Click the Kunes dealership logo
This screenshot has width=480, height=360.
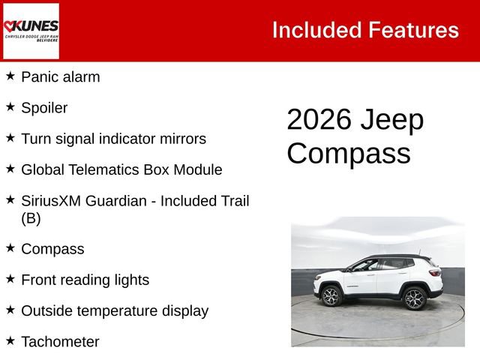click(x=31, y=31)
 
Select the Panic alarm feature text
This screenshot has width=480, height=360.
click(x=60, y=76)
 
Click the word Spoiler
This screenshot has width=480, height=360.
click(x=44, y=108)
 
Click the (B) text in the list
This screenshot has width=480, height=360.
click(x=31, y=218)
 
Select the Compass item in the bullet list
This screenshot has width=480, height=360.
click(x=52, y=249)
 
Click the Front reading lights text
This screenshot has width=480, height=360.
click(x=85, y=280)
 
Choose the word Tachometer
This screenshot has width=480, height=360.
click(x=60, y=342)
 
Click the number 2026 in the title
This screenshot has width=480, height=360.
click(x=319, y=120)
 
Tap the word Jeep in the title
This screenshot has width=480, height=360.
click(x=392, y=120)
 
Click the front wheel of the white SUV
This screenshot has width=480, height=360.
click(x=331, y=297)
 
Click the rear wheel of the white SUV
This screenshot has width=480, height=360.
click(x=415, y=298)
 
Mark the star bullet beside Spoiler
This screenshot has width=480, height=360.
click(x=10, y=106)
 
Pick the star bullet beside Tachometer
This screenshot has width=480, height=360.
click(x=10, y=340)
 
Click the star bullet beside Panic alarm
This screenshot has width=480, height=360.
click(x=10, y=75)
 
